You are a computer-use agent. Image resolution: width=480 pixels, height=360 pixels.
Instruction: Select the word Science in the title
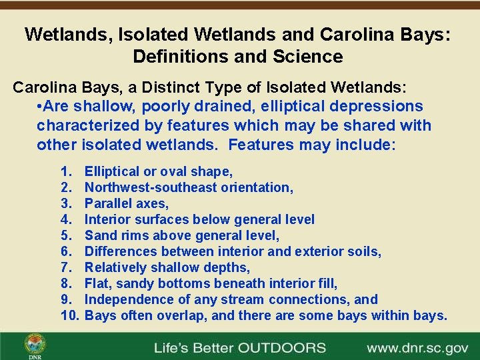tap(309, 57)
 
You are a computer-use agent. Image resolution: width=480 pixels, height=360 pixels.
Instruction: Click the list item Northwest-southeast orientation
tap(189, 187)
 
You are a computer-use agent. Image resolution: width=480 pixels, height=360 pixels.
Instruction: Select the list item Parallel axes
tap(127, 203)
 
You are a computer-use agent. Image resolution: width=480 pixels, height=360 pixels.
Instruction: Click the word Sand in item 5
tap(100, 235)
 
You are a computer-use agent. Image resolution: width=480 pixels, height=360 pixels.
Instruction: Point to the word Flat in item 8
tap(98, 283)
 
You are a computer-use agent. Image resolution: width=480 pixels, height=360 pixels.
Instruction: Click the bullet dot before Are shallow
tap(41, 107)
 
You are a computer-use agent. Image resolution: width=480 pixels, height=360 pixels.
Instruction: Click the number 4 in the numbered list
tap(65, 219)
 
